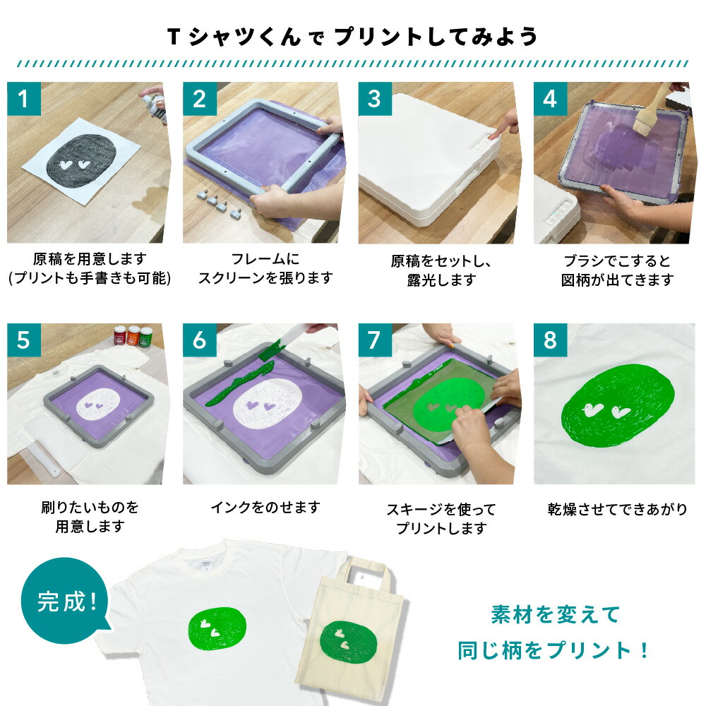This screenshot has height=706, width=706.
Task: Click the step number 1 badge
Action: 24,99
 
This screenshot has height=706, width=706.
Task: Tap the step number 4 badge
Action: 550,99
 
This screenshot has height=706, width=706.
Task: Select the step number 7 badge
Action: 375,340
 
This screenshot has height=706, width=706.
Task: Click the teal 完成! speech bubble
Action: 65,601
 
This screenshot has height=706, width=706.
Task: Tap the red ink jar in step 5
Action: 120,335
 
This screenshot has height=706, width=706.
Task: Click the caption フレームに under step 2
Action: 265,259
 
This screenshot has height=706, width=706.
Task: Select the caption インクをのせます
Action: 265,508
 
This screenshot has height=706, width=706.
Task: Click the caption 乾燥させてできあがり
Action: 617,509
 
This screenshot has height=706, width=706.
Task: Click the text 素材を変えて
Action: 556,615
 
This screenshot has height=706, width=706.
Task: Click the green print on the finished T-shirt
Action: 217,628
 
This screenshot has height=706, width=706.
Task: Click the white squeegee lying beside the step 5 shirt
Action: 40,455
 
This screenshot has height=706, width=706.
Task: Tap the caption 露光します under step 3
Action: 441,280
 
